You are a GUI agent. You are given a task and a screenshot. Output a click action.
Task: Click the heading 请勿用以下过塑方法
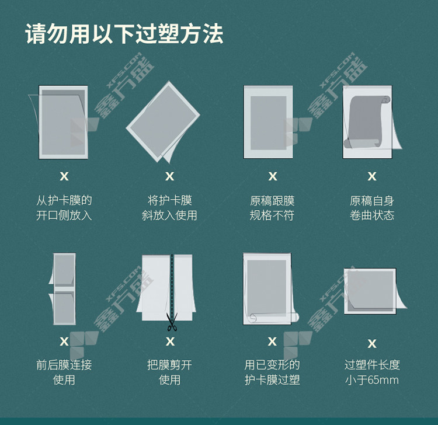pos(124,34)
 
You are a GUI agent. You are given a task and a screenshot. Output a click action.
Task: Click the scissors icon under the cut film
pos(172,322)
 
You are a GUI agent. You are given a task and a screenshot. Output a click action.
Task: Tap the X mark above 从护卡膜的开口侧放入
pos(64,176)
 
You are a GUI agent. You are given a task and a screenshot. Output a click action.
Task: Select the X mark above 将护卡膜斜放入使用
pos(169,176)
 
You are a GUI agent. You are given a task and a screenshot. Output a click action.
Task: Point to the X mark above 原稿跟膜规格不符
pos(273,176)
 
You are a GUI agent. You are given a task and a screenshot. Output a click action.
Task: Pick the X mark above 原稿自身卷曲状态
pos(372,176)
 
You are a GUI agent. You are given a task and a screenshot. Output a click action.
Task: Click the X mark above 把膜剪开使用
pos(170,342)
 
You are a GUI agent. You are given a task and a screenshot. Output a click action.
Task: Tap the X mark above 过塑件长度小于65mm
pos(372,343)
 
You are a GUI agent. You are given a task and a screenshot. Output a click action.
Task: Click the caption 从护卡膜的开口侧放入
pos(64,208)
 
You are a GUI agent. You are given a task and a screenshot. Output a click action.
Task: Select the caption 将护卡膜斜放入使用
pos(169,208)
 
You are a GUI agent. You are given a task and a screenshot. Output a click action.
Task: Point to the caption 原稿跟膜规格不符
pos(272,208)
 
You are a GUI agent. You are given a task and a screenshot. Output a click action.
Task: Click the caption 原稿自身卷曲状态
pos(372,208)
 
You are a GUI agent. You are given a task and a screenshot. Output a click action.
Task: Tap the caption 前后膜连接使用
pos(64,372)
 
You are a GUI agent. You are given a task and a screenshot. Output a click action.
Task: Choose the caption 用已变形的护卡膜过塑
pos(272,372)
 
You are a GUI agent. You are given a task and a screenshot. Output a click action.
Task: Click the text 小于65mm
pos(372,380)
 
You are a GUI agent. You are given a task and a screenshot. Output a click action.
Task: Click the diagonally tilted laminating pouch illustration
pos(164,122)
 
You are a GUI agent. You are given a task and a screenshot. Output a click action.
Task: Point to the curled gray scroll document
pos(367,122)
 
